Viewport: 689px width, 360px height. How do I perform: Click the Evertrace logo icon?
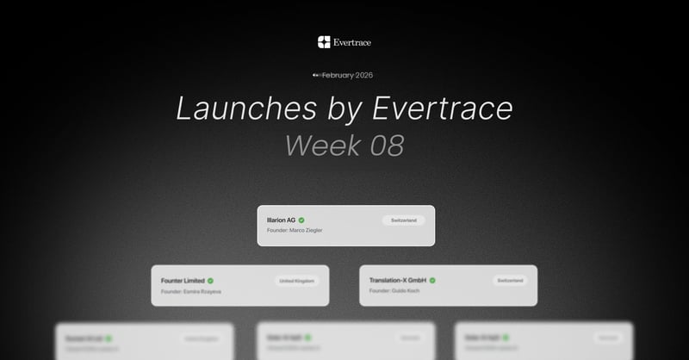point(324,42)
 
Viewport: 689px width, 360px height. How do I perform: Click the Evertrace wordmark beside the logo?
point(352,42)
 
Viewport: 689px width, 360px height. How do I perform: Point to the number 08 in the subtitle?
point(386,146)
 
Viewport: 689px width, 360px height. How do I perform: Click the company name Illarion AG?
point(281,220)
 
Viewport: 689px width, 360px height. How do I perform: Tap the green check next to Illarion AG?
point(301,220)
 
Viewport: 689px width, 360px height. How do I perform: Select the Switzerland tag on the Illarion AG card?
point(404,220)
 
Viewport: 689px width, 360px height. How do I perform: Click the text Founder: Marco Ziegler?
point(295,231)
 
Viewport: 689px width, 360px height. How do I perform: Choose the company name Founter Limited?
point(182,281)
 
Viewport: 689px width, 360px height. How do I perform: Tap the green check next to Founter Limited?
point(210,281)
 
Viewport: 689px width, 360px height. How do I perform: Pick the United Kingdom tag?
point(297,281)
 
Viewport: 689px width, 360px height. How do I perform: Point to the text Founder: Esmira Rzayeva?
point(191,292)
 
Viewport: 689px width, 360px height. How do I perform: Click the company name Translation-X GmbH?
point(398,281)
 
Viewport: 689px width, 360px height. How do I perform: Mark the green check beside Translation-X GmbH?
point(432,281)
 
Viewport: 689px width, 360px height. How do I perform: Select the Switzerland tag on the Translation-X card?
point(510,281)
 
